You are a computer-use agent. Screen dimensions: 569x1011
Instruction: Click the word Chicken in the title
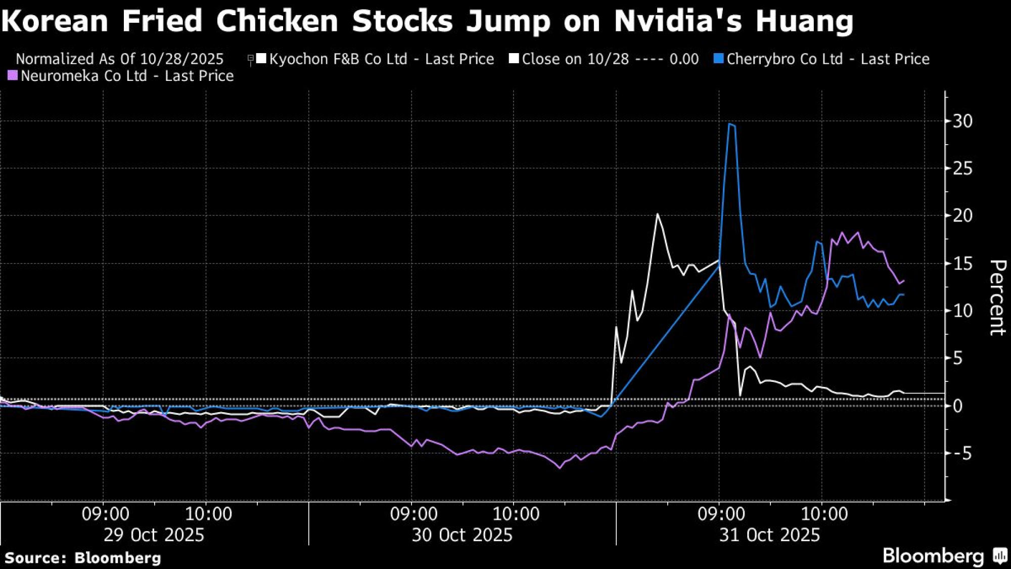(x=277, y=21)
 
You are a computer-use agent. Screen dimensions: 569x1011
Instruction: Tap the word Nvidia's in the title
(x=678, y=21)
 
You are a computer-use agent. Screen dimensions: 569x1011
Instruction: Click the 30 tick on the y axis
(x=962, y=121)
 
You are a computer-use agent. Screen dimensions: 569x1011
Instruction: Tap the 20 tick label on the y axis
(x=962, y=215)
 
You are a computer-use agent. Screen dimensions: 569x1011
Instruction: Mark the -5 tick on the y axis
(x=960, y=453)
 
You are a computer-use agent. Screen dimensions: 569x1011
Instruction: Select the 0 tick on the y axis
(x=957, y=406)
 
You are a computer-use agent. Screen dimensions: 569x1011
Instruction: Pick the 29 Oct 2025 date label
(x=154, y=535)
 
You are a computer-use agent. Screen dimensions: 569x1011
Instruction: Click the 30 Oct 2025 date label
(x=462, y=535)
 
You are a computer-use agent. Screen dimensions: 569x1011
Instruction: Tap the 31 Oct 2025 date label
(x=769, y=535)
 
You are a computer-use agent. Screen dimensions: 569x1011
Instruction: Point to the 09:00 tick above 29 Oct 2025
(x=105, y=514)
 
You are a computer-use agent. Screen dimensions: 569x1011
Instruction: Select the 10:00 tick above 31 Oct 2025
(x=824, y=514)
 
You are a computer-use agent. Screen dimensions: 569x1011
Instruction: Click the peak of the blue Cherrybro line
(x=729, y=123)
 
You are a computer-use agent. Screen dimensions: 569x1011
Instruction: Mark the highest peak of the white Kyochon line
(x=657, y=214)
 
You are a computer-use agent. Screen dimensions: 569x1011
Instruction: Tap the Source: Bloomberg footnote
(x=83, y=558)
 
